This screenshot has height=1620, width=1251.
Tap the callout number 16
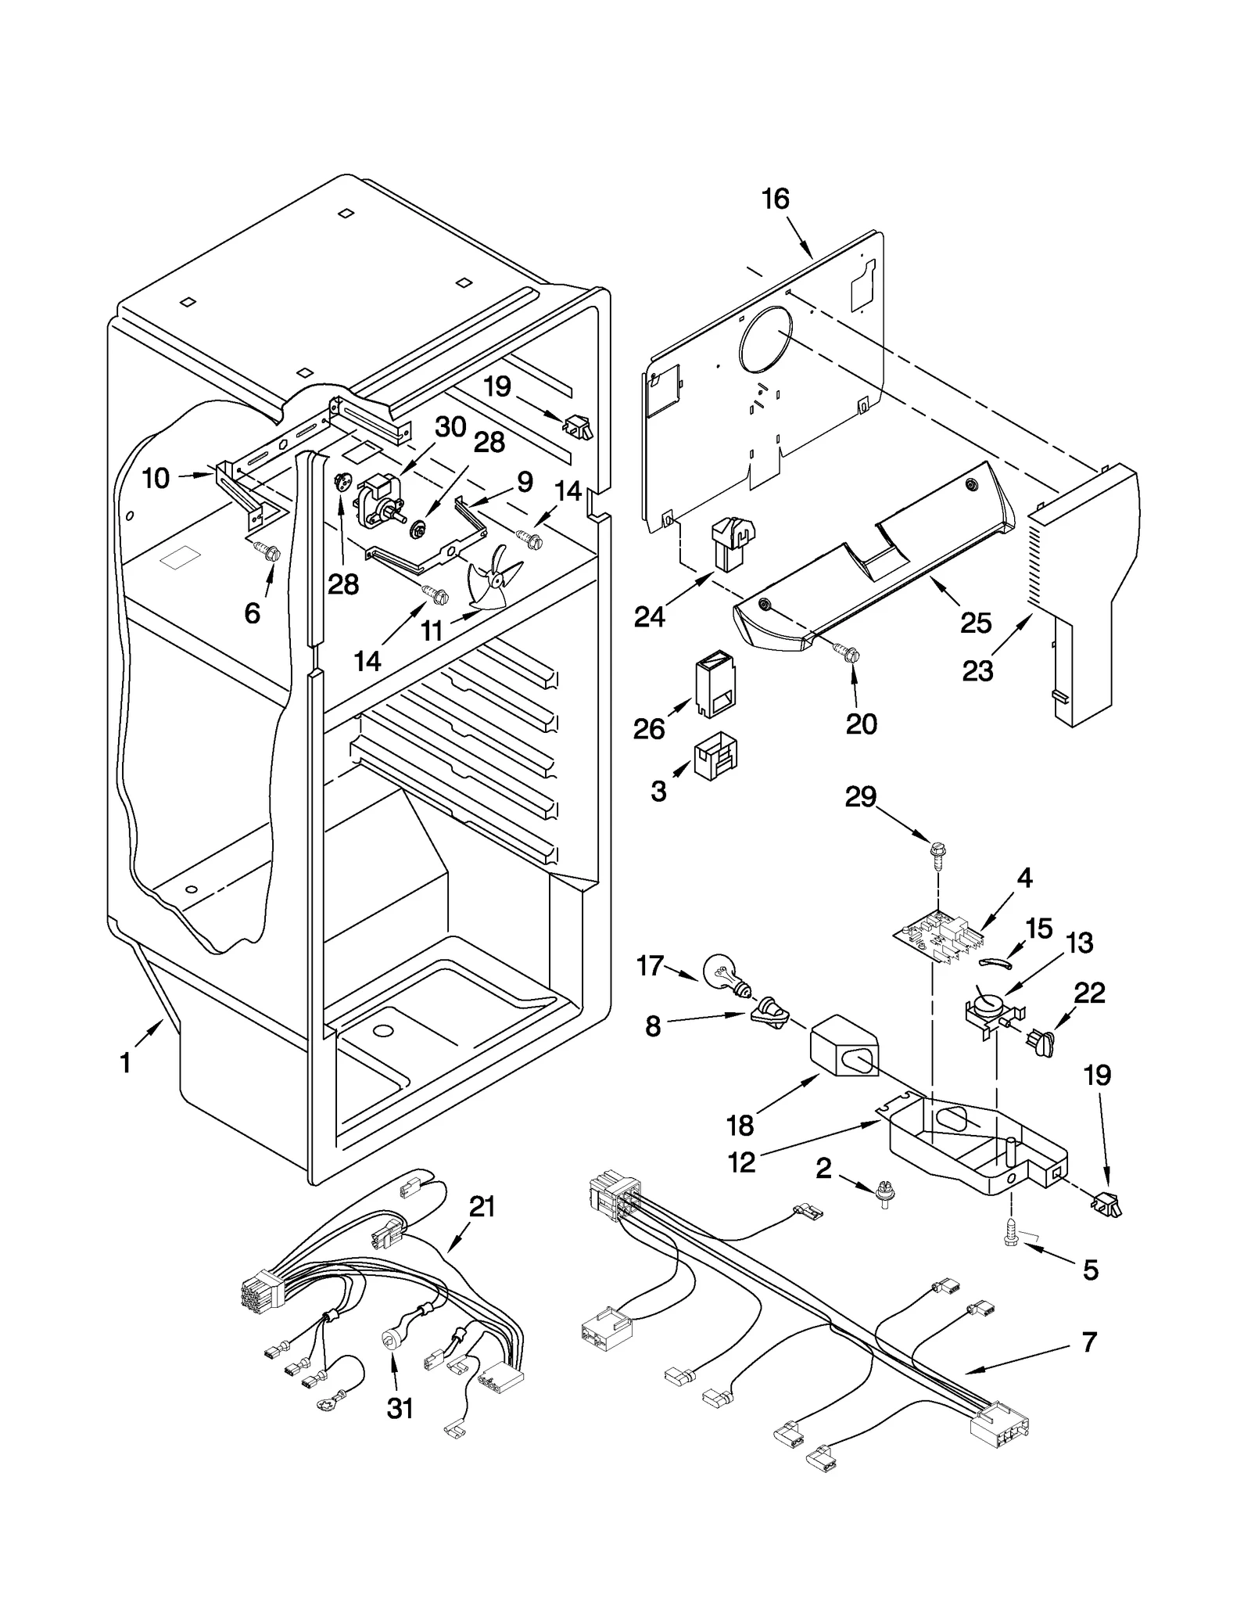click(775, 199)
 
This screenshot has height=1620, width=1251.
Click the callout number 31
click(400, 1408)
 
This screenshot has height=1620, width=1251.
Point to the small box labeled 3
click(715, 756)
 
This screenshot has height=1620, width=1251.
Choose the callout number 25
click(976, 623)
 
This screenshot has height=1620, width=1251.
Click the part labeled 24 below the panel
click(728, 541)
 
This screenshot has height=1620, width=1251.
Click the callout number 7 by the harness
click(1089, 1342)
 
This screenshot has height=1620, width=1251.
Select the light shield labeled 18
click(844, 1051)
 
